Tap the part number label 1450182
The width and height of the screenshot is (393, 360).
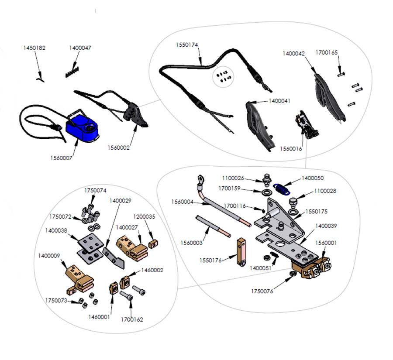pos(34,48)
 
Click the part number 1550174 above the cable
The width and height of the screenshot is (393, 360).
pos(187,45)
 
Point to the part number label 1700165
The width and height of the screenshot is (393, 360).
pos(327,52)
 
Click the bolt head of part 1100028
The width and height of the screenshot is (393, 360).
pos(293,201)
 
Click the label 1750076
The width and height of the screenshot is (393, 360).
pos(262,291)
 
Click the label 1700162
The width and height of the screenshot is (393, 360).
pos(132,319)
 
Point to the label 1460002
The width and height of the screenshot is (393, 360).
pos(152,271)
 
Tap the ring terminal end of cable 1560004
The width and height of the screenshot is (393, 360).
pos(201,179)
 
